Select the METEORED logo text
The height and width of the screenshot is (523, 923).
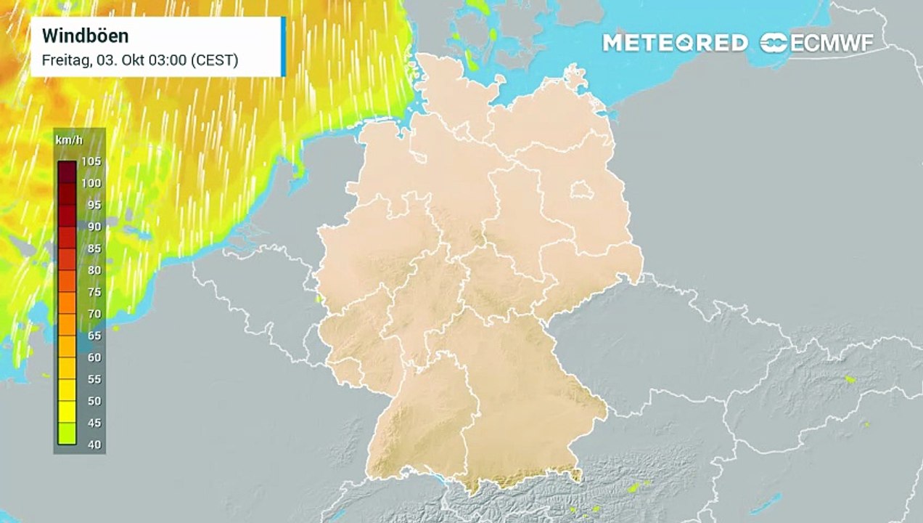(675, 43)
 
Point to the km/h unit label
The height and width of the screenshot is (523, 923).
(65, 139)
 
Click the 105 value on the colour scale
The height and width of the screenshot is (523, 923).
(91, 161)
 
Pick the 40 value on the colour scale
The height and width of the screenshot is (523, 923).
(94, 445)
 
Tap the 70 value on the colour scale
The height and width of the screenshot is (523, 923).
(94, 314)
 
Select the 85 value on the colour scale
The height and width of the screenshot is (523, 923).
(94, 248)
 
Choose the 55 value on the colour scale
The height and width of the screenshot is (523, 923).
(94, 379)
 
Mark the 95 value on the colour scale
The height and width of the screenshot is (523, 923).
(94, 205)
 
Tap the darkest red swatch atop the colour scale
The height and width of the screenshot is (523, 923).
(67, 171)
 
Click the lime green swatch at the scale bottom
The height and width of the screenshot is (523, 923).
(67, 434)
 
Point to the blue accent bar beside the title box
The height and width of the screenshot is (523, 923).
(283, 46)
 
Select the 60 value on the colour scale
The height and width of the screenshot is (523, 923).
(94, 357)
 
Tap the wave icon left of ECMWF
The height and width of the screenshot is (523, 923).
(774, 43)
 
